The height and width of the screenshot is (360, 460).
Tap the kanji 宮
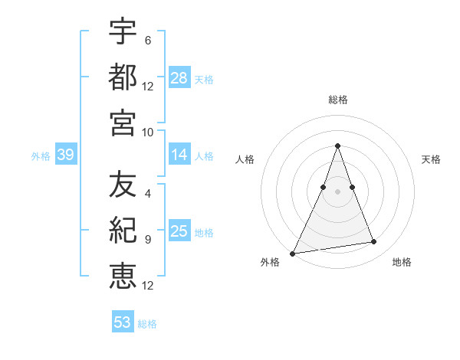(x=123, y=122)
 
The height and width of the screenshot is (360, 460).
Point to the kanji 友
(x=123, y=185)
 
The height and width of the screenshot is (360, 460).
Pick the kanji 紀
(x=123, y=230)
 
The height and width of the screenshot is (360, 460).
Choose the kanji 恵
(x=123, y=275)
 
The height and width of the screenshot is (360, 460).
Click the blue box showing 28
(x=179, y=78)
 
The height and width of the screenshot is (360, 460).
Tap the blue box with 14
(x=179, y=155)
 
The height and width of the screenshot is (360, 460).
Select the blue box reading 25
(x=179, y=231)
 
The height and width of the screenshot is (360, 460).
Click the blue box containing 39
(x=65, y=155)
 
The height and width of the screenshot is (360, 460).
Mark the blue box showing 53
(x=123, y=322)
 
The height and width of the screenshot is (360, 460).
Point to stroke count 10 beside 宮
(x=148, y=131)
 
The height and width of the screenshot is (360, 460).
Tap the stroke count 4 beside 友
(x=147, y=194)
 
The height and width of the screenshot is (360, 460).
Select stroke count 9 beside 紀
(x=147, y=239)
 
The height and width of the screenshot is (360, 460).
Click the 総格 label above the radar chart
(x=337, y=100)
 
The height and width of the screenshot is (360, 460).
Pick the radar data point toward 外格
(x=293, y=253)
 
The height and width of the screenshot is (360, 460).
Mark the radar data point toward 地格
(x=374, y=242)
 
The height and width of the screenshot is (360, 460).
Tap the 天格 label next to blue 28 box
(x=204, y=79)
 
